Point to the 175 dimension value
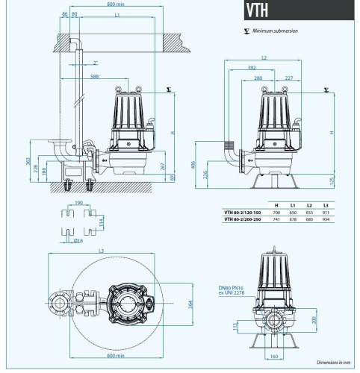tap(332, 180)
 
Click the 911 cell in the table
tap(325, 212)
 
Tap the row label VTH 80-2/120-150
tap(243, 212)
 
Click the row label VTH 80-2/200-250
tap(243, 219)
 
